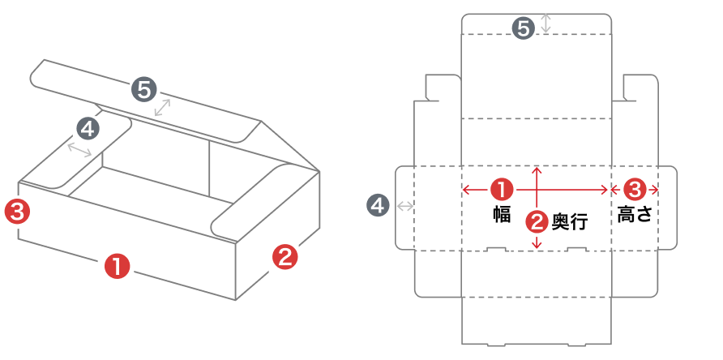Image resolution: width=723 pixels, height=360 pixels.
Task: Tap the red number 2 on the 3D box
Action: (x=284, y=258)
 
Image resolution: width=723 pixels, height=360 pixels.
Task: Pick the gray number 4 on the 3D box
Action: (x=88, y=127)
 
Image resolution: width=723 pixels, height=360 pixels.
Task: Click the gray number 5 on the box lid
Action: (x=144, y=89)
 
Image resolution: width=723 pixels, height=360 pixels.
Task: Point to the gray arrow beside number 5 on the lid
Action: (x=165, y=109)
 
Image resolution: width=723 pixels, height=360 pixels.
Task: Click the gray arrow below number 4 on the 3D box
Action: (x=79, y=148)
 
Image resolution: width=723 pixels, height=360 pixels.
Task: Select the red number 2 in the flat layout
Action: (x=536, y=220)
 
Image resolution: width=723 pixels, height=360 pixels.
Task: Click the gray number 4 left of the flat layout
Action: (x=377, y=205)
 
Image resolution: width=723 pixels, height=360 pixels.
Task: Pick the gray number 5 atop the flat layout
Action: (x=524, y=28)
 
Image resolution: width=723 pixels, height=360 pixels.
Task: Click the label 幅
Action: (x=501, y=214)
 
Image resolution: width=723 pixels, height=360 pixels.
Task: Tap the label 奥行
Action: (x=569, y=221)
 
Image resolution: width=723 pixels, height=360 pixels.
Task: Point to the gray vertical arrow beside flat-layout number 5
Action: (x=546, y=24)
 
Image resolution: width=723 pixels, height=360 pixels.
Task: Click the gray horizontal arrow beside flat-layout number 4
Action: (x=404, y=206)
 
